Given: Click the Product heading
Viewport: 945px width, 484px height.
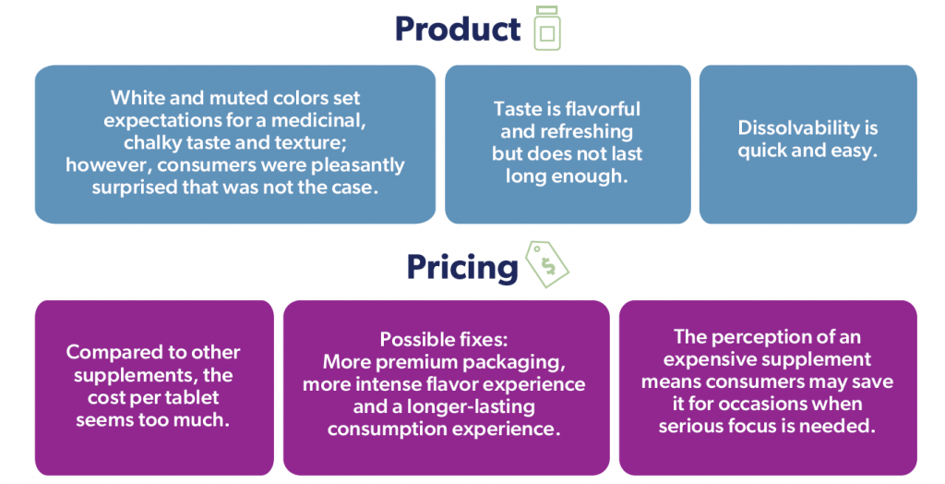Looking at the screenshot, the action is coord(458,29).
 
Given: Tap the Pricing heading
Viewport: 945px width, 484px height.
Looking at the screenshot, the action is coord(462,267).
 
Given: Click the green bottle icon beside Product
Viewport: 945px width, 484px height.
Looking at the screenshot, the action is coord(546,29).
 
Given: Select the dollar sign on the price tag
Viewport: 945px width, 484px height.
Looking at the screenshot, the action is coord(548,265).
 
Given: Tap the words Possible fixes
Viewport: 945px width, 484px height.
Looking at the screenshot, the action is coord(444,340).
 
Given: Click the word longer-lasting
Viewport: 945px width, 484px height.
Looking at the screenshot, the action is coord(471,407).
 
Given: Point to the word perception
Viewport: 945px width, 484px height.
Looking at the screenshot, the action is coord(765,337).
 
